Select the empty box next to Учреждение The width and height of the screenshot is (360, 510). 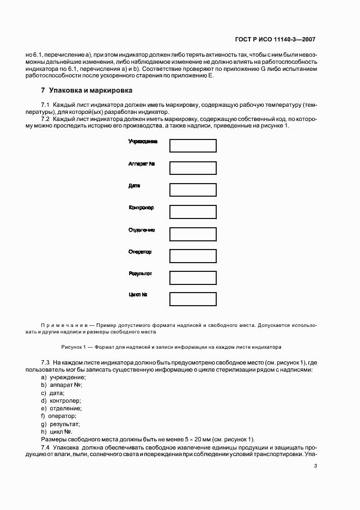193,146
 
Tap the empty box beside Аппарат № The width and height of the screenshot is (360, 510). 193,168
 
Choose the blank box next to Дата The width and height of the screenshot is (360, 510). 193,190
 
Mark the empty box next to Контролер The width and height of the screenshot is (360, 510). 193,212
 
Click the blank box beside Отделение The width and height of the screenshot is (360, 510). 193,234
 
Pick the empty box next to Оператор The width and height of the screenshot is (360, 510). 193,256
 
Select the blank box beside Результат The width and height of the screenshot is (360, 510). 193,278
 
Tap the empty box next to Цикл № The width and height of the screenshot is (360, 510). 193,299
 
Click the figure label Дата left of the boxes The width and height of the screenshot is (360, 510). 135,186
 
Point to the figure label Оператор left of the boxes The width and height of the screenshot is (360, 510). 140,252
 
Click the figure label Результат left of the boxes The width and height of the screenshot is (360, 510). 141,274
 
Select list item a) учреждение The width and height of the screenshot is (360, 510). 64,378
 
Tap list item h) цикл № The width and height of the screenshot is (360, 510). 57,431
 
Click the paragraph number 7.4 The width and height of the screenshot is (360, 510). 46,447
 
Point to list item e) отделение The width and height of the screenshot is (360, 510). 62,408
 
